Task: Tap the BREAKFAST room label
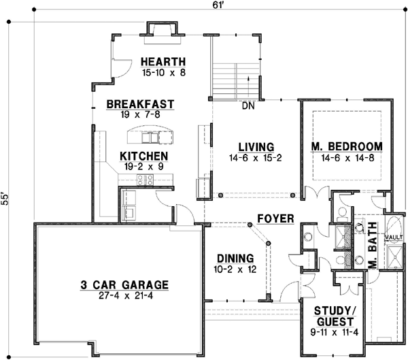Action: [140, 104]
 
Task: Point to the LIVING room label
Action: [256, 146]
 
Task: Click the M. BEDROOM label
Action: [347, 146]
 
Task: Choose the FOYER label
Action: [275, 218]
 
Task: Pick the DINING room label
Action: [235, 258]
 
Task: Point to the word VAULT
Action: [394, 237]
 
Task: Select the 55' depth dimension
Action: [7, 197]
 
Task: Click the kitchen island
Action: [151, 137]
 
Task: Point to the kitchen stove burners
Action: [145, 180]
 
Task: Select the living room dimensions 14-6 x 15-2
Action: [256, 157]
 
